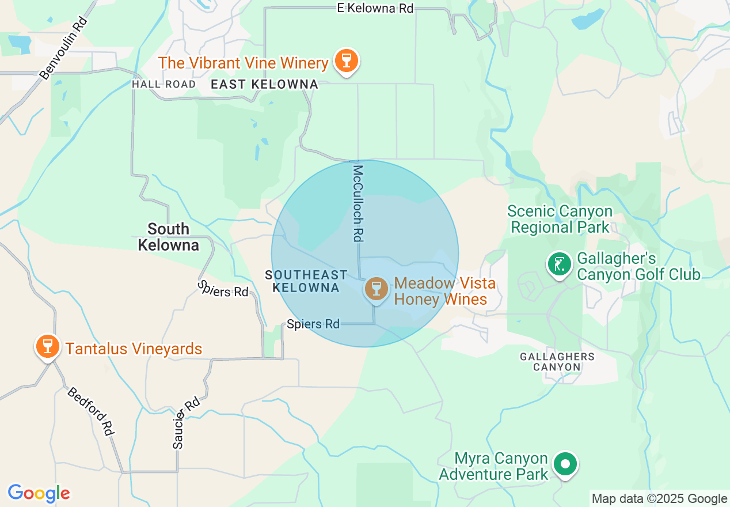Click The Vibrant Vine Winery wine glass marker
[x=346, y=60]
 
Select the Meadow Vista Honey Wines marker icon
[x=376, y=288]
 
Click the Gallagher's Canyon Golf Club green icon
[x=558, y=264]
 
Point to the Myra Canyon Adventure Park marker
[x=565, y=464]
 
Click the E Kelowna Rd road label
[x=375, y=8]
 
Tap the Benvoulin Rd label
[x=63, y=47]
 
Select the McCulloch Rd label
[x=359, y=203]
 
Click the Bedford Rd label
[x=90, y=411]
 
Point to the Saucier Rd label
[x=186, y=422]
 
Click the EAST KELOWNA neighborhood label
[x=264, y=85]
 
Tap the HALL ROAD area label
[x=164, y=84]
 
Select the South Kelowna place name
[x=168, y=237]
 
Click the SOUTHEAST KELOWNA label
[x=306, y=281]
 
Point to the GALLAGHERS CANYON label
[x=557, y=361]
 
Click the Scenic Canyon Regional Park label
[x=560, y=220]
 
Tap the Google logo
[x=39, y=493]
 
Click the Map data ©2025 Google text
[x=659, y=499]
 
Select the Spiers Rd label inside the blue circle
[x=313, y=324]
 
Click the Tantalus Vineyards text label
[x=134, y=349]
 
